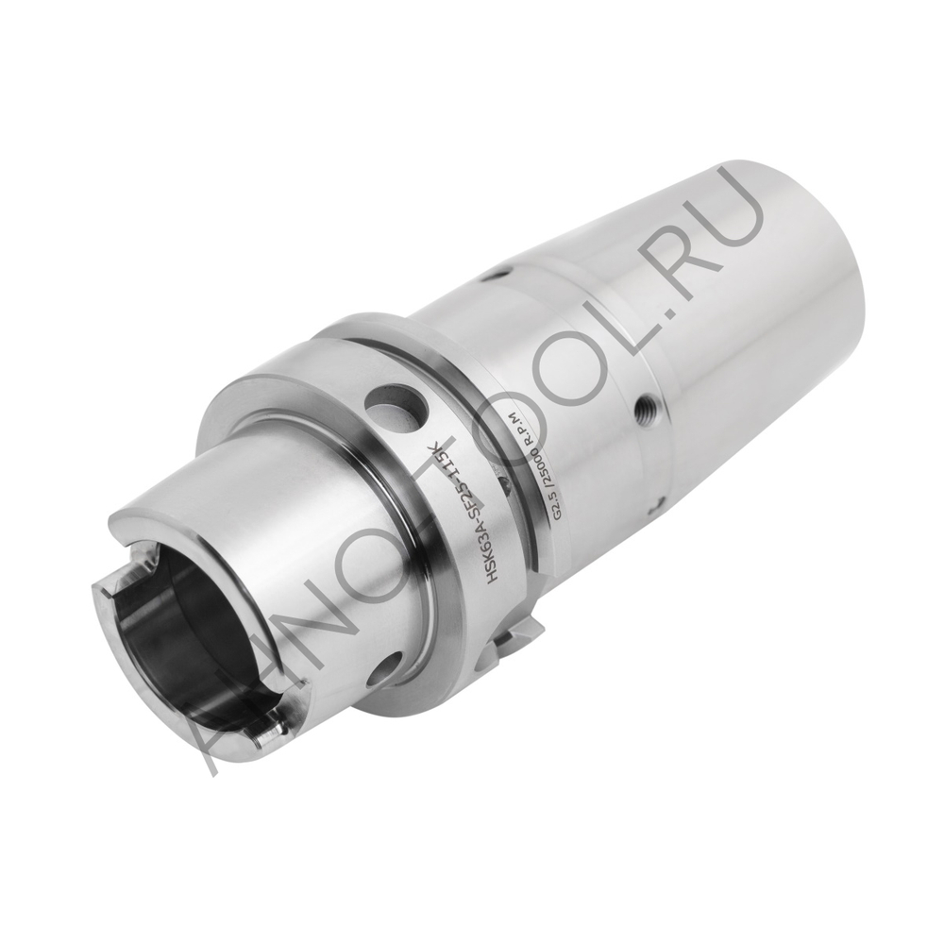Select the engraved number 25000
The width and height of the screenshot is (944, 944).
[x=543, y=466]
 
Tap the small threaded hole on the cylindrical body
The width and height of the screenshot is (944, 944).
[x=646, y=407]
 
